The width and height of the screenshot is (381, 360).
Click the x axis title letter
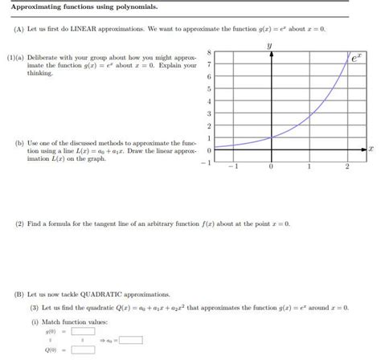371,149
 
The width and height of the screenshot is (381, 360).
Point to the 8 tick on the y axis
209,51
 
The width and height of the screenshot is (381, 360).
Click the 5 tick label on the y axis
209,88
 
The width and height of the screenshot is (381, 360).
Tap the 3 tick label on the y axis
209,113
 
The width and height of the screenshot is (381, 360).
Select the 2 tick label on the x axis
347,167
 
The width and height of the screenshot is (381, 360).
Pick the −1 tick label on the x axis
231,167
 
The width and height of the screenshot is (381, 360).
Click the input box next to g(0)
83,330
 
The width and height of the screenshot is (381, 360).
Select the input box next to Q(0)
83,350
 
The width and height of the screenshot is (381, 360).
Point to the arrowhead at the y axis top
271,54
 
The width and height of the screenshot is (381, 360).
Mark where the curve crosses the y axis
271,137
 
